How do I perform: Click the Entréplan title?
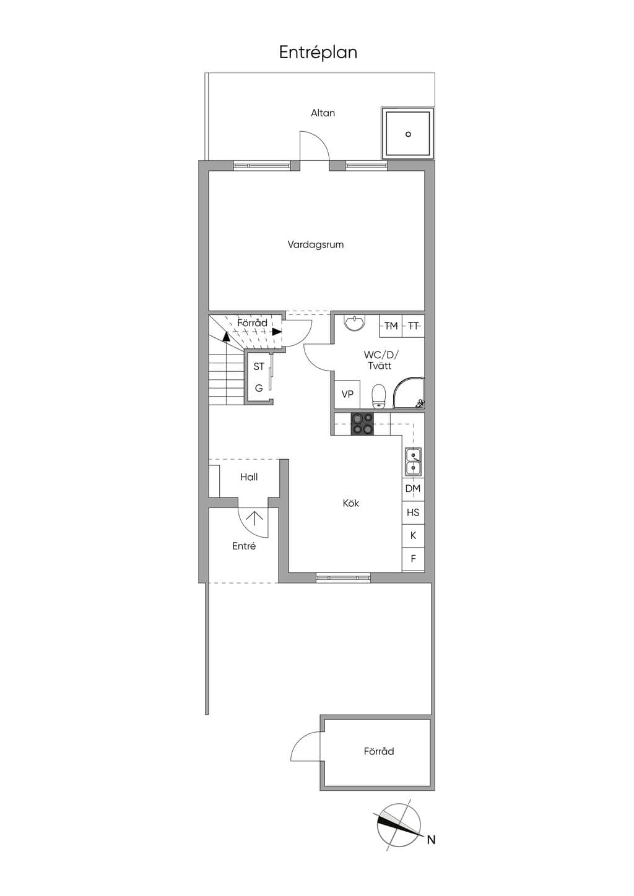pyautogui.click(x=318, y=53)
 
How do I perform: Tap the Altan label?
pyautogui.click(x=323, y=113)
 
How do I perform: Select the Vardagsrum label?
pyautogui.click(x=315, y=244)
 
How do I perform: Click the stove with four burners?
pyautogui.click(x=362, y=424)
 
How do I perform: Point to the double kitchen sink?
pyautogui.click(x=413, y=462)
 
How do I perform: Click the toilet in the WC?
pyautogui.click(x=379, y=397)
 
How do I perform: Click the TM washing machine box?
pyautogui.click(x=391, y=326)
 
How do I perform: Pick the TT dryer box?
pyautogui.click(x=413, y=326)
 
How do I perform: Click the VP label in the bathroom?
pyautogui.click(x=347, y=394)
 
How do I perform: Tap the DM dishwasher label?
pyautogui.click(x=413, y=488)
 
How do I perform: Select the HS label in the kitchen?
pyautogui.click(x=413, y=512)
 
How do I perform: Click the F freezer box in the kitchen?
pyautogui.click(x=413, y=558)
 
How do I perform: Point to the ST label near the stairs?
pyautogui.click(x=259, y=366)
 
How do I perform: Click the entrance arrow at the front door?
pyautogui.click(x=254, y=519)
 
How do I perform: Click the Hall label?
pyautogui.click(x=249, y=477)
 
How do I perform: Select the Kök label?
pyautogui.click(x=350, y=503)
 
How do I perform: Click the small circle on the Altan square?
pyautogui.click(x=408, y=134)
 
